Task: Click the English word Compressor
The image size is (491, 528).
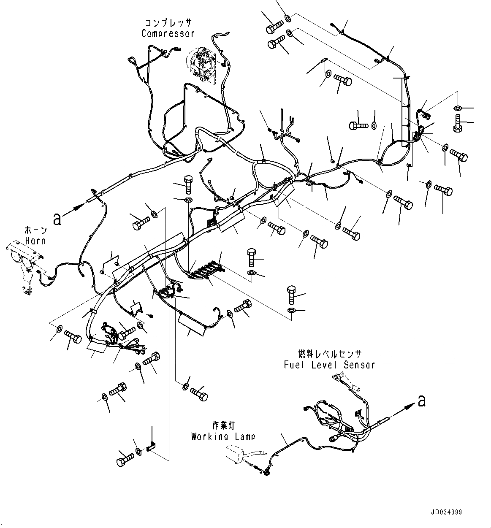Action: tap(168, 34)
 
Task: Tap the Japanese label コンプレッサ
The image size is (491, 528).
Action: tap(168, 23)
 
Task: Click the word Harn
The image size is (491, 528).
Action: tap(35, 241)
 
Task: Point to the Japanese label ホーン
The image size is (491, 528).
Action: tap(35, 230)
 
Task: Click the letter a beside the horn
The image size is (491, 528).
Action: tap(57, 219)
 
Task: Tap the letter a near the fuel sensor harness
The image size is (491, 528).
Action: tap(421, 401)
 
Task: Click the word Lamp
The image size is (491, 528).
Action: tap(245, 436)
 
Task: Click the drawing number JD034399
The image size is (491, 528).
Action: tap(446, 512)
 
